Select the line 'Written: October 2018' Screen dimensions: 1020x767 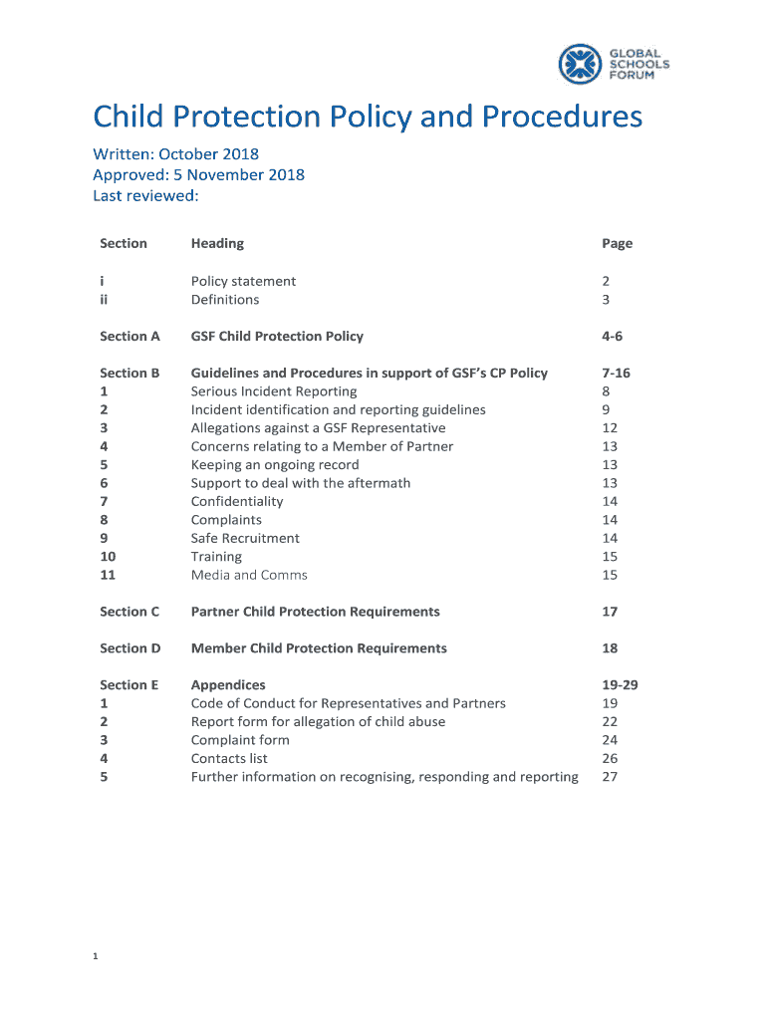coord(175,154)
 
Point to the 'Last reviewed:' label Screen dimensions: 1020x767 coord(145,195)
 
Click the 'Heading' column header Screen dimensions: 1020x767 coord(217,243)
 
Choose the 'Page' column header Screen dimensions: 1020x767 coord(617,243)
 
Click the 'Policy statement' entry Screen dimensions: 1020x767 coord(243,281)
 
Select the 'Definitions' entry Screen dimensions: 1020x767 coord(225,300)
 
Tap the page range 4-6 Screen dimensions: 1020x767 coord(612,337)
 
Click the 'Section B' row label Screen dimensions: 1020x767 coord(129,374)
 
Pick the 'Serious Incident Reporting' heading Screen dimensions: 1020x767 coord(274,391)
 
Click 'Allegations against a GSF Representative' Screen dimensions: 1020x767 coord(318,428)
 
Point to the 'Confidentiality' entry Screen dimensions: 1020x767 coord(237,502)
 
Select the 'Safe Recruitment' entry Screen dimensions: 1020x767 coord(245,539)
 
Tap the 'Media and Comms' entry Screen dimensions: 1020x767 coord(249,576)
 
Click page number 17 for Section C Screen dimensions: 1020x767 coord(610,612)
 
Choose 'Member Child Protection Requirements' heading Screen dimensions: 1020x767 coord(319,648)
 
